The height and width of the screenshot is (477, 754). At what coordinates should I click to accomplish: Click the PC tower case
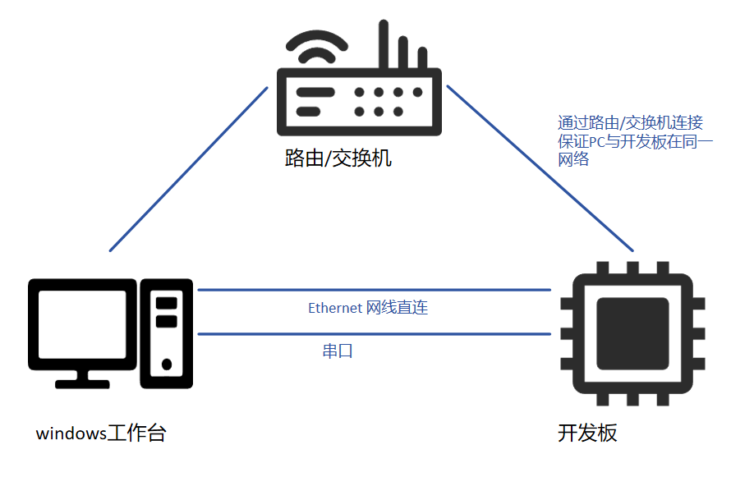(x=167, y=333)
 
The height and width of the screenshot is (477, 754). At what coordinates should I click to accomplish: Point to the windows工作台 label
(x=101, y=433)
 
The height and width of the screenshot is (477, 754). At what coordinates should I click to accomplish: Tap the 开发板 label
(x=587, y=433)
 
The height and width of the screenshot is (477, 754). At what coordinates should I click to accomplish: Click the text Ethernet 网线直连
(x=368, y=309)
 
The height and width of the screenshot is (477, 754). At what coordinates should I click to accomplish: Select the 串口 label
(x=338, y=351)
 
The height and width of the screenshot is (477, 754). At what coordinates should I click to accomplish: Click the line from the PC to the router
(x=189, y=168)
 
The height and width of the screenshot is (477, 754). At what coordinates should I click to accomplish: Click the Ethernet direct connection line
(x=374, y=289)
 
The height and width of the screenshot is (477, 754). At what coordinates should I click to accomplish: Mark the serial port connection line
(x=374, y=333)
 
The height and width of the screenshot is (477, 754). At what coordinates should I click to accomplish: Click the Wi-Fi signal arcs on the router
(x=314, y=49)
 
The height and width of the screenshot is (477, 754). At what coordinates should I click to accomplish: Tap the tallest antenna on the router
(x=383, y=45)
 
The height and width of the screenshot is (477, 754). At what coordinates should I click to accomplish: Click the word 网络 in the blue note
(x=573, y=160)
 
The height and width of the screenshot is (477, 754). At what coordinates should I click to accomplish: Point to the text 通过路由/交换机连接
(x=630, y=123)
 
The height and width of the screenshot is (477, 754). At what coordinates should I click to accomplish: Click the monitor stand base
(x=82, y=382)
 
